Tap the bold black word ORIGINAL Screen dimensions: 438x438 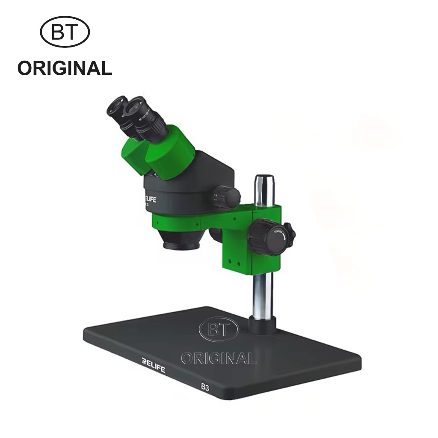coord(65,68)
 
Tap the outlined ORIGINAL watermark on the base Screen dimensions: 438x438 coord(219,358)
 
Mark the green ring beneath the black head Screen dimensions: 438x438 coord(180,223)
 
